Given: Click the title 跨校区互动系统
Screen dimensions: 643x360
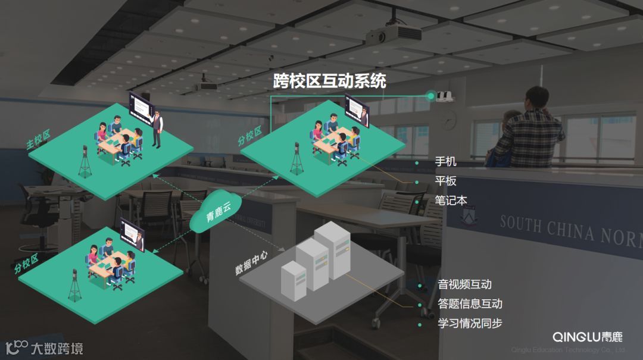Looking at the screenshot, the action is [x=330, y=81].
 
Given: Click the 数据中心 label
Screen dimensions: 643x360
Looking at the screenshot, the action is [x=251, y=262].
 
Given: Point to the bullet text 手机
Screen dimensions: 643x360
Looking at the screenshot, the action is [x=445, y=162].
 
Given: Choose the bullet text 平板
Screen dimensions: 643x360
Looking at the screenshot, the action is [x=445, y=181].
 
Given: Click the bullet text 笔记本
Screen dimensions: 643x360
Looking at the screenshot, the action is [x=451, y=201].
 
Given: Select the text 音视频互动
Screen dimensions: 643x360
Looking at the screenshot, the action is [x=464, y=284].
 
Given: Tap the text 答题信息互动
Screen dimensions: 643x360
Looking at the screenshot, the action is [x=470, y=304].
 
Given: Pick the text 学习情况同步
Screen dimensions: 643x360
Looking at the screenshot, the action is [x=470, y=324].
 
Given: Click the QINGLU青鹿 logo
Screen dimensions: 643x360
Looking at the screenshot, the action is [x=587, y=336].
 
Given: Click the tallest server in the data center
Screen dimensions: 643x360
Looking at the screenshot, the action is [x=333, y=250].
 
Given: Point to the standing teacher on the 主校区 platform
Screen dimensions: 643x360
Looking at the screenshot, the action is [x=157, y=127].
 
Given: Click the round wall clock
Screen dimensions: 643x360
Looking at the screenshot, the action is [x=450, y=120].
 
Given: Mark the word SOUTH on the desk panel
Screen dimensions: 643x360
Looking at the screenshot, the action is [x=520, y=224].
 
